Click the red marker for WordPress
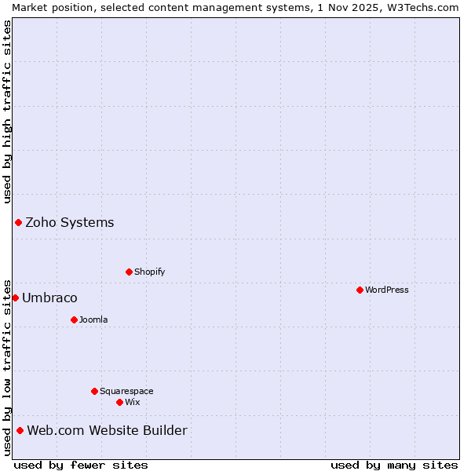click(360, 290)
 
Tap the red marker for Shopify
click(129, 272)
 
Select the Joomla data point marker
click(74, 319)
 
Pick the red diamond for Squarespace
click(94, 391)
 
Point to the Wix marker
click(119, 402)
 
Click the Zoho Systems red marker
click(18, 222)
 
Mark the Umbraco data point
click(15, 298)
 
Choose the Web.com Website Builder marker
click(20, 430)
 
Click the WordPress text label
click(386, 290)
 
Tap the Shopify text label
click(149, 272)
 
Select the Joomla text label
click(93, 319)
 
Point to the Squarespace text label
click(126, 391)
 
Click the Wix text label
click(132, 402)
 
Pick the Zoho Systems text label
click(70, 222)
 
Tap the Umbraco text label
click(49, 298)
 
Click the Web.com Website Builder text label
click(107, 430)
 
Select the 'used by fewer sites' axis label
click(81, 465)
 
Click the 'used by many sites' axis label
click(394, 465)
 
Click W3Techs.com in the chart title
click(422, 7)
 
